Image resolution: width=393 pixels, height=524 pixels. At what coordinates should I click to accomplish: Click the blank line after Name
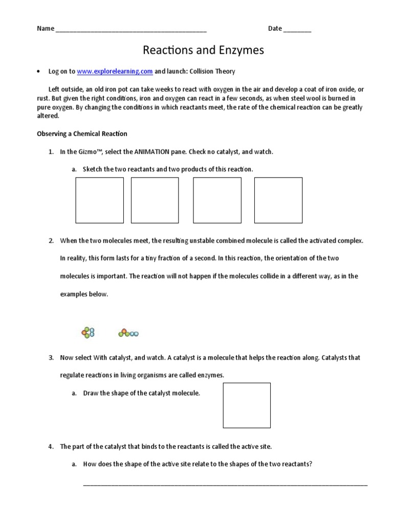[x=131, y=29]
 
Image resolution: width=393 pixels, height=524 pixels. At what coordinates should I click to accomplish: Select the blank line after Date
[x=297, y=29]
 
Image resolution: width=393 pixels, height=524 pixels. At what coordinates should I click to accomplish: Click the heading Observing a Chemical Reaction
[x=82, y=134]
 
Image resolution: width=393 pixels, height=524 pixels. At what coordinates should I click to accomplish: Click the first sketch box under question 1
[x=100, y=200]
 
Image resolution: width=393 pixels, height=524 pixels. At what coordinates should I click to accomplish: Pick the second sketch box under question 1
[x=155, y=200]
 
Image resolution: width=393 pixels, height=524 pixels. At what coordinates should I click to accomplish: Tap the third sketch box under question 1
[x=216, y=200]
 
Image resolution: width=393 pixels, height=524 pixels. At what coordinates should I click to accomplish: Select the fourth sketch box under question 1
[x=278, y=200]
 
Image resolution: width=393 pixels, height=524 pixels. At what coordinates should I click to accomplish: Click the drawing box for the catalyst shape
[x=247, y=405]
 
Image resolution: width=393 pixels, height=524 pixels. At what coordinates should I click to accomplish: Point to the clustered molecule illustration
[x=88, y=333]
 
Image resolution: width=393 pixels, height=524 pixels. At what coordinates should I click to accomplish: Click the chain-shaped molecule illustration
[x=128, y=333]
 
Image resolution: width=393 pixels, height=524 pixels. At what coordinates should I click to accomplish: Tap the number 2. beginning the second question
[x=51, y=241]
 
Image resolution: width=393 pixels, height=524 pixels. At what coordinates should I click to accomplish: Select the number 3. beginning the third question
[x=51, y=358]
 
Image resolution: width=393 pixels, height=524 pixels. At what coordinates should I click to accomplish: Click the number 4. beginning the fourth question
[x=51, y=447]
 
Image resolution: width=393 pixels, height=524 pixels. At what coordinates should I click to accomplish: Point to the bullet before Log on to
[x=38, y=72]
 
